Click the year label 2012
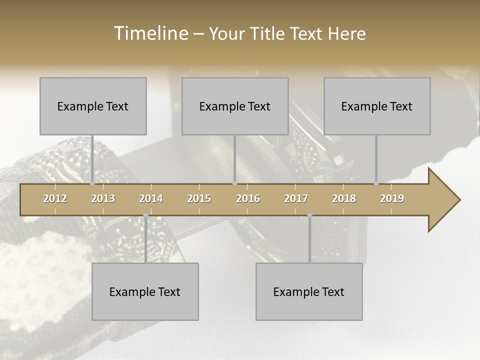pos(55,198)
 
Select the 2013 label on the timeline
pos(103,198)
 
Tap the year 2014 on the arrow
pos(151,198)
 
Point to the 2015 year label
pos(199,198)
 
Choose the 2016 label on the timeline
pos(248,198)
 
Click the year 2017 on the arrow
pos(296,198)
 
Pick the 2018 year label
pos(344,198)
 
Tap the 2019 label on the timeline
pos(392,198)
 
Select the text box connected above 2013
pos(93,106)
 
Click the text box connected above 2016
pos(235,106)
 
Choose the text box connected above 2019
pos(377,106)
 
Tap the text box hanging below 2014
pos(145,291)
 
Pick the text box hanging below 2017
pos(309,291)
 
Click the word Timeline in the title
pos(149,33)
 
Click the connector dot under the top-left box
pos(92,183)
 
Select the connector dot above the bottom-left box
pos(145,215)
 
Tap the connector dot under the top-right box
pos(376,183)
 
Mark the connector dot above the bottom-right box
pos(309,215)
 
